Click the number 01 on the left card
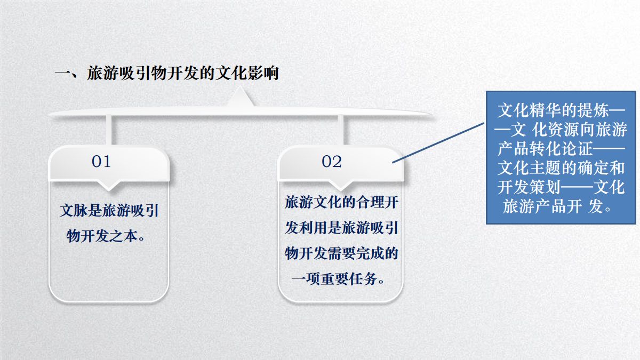pos(101,162)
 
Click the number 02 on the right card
pos(331,162)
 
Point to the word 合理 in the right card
pos(370,202)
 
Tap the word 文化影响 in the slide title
pos(247,73)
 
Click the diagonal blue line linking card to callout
pos(438,143)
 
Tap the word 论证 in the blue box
pos(577,149)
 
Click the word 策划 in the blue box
pos(545,187)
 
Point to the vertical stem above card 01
pos(109,130)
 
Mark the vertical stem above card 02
pos(341,130)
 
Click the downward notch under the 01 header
pos(109,186)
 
